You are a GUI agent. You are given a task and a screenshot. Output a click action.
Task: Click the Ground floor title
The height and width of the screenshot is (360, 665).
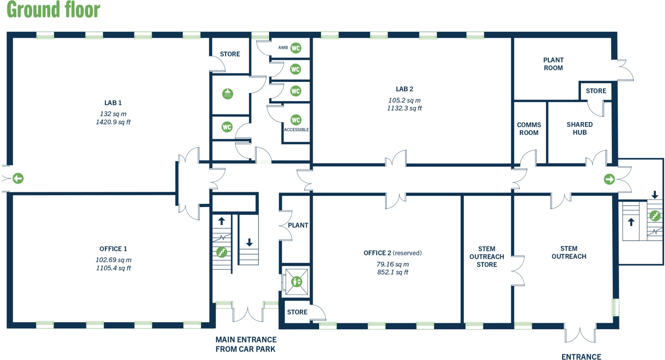[x=53, y=10]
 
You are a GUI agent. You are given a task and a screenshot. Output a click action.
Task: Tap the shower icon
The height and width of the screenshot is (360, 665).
[x=228, y=94]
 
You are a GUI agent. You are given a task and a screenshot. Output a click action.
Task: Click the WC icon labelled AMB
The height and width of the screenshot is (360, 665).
[x=295, y=48]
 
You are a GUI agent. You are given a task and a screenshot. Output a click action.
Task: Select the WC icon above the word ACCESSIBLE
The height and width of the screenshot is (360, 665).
[x=296, y=120]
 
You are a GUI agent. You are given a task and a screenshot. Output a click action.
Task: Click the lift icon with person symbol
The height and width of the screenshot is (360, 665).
[x=296, y=281]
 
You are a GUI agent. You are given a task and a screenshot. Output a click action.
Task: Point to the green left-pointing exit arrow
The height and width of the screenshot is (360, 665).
[x=18, y=178]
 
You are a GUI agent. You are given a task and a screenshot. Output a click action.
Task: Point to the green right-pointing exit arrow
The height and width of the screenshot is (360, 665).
[x=609, y=179]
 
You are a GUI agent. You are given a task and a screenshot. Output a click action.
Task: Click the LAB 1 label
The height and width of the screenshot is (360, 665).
[x=113, y=103]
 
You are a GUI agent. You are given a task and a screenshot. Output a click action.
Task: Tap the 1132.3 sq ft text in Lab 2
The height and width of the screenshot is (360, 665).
[x=404, y=108]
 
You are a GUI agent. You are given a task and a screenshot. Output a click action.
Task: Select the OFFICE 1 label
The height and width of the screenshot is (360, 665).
[x=113, y=249]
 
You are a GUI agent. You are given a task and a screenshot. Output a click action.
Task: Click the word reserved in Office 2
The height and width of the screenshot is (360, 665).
[x=407, y=253]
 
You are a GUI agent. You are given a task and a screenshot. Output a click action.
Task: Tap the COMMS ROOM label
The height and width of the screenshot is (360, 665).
[x=529, y=129]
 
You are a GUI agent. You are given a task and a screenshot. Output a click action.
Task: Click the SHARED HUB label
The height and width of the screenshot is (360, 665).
[x=580, y=129]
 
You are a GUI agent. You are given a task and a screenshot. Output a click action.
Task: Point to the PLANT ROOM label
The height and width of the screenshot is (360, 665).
[x=553, y=64]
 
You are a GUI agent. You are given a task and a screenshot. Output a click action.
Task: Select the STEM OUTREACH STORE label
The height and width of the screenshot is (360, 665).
[x=486, y=257]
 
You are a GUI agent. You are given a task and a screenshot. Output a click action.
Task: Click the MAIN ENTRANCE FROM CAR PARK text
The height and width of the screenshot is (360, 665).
[x=246, y=344]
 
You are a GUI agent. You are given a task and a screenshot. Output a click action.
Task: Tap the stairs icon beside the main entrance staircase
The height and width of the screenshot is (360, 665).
[x=222, y=252]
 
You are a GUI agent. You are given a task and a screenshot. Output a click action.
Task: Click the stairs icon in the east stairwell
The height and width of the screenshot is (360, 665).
[x=655, y=216]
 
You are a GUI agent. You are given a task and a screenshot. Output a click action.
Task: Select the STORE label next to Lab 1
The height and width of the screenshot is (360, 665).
[x=230, y=54]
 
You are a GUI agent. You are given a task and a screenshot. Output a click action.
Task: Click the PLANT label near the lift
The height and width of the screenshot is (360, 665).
[x=298, y=225]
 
